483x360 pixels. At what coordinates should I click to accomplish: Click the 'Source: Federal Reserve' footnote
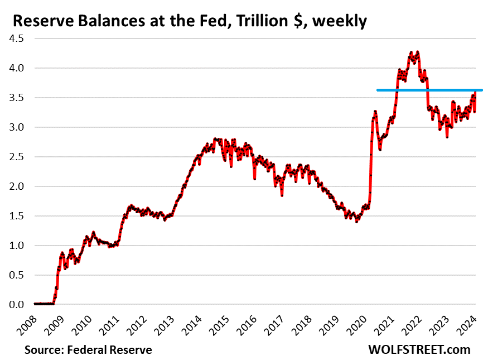(x=88, y=350)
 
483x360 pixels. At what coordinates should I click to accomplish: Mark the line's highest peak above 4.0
(x=417, y=52)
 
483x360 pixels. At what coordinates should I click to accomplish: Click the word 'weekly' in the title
(x=340, y=22)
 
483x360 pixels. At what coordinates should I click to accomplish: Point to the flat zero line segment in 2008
(x=44, y=304)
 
